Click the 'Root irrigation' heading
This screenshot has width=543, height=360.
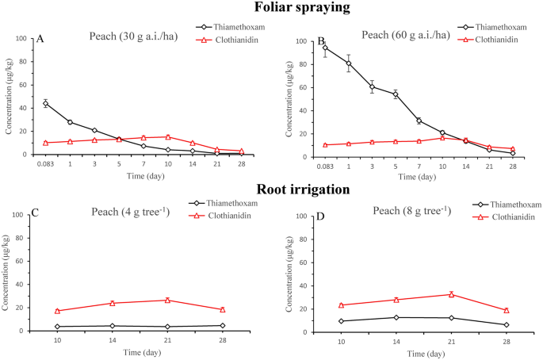tap(271, 190)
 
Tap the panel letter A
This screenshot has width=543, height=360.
tap(39, 39)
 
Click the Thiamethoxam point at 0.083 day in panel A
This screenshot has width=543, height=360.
tap(45, 103)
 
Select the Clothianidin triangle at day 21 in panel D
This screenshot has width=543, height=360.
tap(451, 294)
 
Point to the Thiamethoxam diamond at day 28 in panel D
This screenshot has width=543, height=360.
tap(506, 324)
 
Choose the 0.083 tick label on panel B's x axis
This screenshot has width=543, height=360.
tap(323, 167)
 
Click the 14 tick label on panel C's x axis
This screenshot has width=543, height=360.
tap(112, 340)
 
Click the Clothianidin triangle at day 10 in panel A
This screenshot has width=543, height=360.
tap(168, 136)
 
